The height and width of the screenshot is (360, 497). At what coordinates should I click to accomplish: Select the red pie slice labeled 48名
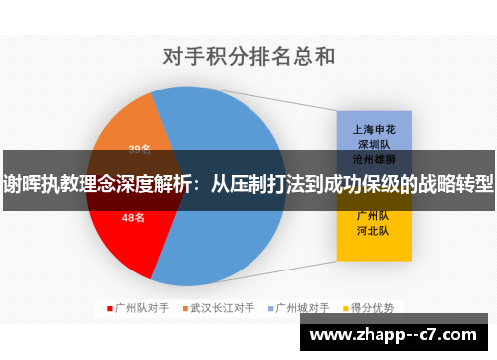(x=124, y=239)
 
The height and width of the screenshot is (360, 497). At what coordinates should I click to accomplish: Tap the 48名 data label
(x=133, y=217)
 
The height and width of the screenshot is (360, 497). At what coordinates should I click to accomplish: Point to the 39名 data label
(x=139, y=149)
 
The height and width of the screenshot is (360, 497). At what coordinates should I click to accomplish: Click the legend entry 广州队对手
(x=142, y=307)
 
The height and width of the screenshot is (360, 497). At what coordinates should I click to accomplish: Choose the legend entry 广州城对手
(x=302, y=307)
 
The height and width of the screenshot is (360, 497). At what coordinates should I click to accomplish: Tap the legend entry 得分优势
(x=374, y=307)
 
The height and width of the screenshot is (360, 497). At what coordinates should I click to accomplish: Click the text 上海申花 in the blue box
(x=373, y=128)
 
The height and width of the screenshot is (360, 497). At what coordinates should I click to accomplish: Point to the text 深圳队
(x=373, y=143)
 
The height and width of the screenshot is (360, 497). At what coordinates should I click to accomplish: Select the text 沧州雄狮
(x=373, y=158)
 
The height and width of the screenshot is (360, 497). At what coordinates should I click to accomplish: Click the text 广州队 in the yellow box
(x=373, y=215)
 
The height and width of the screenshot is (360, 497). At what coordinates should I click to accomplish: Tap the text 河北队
(x=373, y=230)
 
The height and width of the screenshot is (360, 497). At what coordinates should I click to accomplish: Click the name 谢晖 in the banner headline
(x=21, y=183)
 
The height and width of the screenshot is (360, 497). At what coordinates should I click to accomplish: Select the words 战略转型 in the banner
(x=452, y=183)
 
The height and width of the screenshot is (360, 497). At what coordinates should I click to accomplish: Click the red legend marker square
(x=109, y=307)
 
